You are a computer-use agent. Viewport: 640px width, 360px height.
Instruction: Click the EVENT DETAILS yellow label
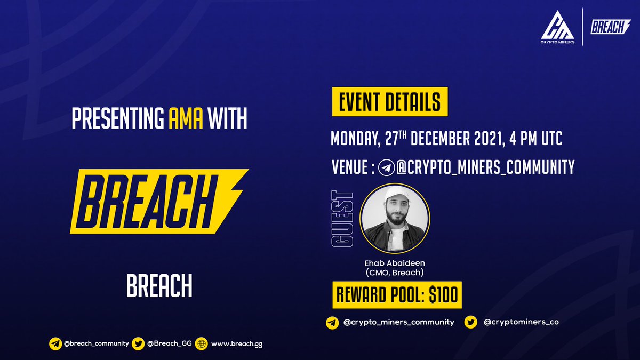click(389, 102)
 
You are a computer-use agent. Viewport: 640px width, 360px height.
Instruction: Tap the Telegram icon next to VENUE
click(385, 168)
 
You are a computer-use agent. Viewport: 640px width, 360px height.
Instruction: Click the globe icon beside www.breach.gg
click(201, 344)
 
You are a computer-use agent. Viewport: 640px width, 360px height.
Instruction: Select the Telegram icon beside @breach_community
click(55, 344)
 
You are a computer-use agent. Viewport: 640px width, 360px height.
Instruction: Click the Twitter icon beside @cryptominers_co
click(471, 322)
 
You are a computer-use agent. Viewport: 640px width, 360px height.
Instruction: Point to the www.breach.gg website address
click(236, 344)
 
